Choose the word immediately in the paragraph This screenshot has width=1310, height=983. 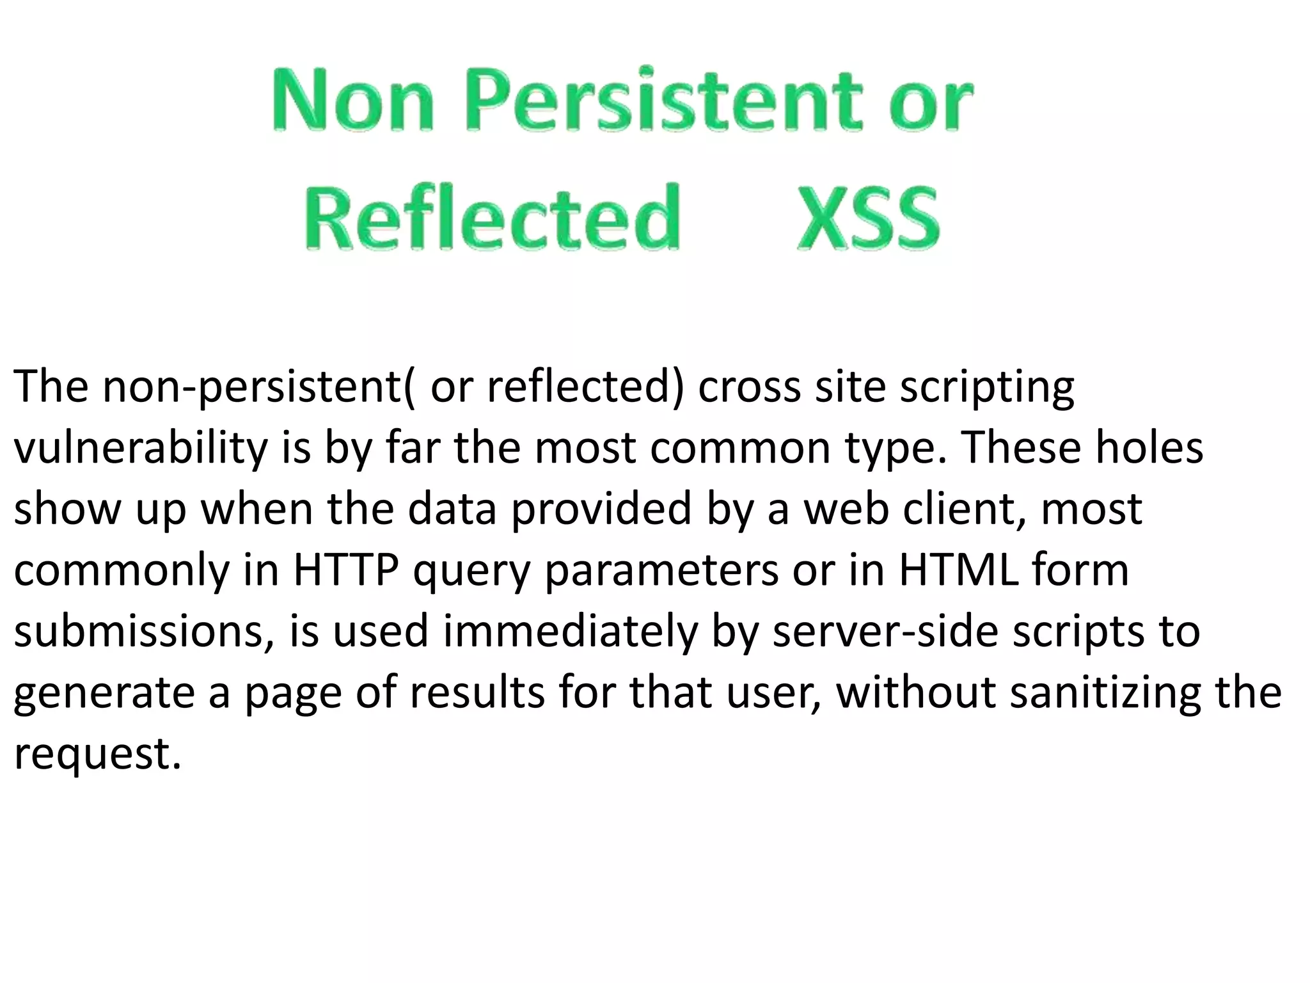point(570,632)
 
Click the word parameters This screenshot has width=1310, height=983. point(662,571)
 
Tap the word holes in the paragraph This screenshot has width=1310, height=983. point(1149,448)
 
